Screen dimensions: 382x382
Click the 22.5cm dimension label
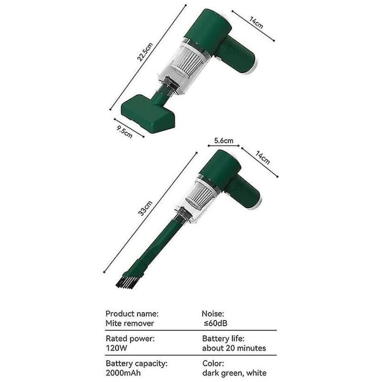(145, 52)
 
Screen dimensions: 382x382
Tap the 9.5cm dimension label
(125, 132)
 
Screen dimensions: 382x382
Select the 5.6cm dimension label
(223, 140)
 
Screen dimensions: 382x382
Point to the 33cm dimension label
(145, 208)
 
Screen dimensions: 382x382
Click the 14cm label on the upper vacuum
(256, 22)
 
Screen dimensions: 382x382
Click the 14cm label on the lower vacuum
(262, 158)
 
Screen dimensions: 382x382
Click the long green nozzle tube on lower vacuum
(157, 245)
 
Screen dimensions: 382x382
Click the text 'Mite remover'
(129, 323)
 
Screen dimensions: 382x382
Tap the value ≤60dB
(215, 323)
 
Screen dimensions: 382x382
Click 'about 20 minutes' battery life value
(234, 348)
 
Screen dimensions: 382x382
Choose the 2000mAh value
(123, 373)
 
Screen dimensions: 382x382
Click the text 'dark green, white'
(234, 373)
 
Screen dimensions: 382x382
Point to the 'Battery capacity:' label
(137, 363)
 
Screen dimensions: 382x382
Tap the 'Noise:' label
(213, 314)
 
